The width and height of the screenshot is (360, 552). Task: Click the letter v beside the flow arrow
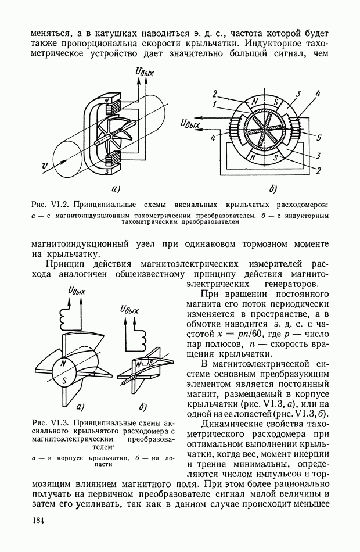pyautogui.click(x=45, y=167)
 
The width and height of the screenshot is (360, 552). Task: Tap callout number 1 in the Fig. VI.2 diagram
pyautogui.click(x=215, y=105)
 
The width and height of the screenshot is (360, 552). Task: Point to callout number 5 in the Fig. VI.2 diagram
pyautogui.click(x=319, y=137)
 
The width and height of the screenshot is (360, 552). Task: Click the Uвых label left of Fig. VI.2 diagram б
pyautogui.click(x=192, y=123)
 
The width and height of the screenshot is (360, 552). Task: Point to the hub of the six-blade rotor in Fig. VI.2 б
pyautogui.click(x=264, y=129)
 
